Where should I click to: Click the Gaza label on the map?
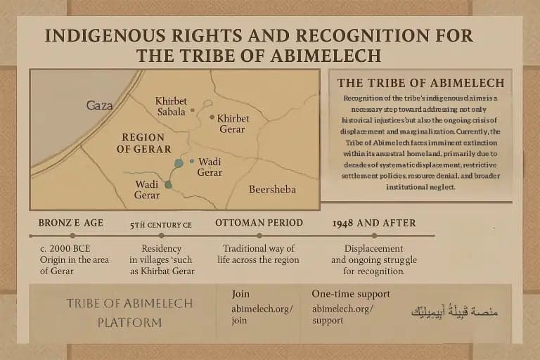(99, 105)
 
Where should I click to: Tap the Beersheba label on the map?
(272, 189)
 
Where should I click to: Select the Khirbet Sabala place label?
(172, 105)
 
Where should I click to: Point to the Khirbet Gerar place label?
(233, 124)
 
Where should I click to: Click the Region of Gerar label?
(143, 143)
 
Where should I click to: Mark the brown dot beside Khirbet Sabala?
(193, 111)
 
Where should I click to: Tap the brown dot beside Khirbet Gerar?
(212, 117)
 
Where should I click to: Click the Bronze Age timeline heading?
(71, 223)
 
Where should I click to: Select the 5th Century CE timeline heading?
(162, 225)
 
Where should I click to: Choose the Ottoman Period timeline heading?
(259, 223)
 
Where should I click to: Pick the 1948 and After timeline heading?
(373, 223)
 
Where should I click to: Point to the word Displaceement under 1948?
(373, 249)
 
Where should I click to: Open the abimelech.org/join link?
(262, 314)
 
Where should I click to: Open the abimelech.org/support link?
(342, 314)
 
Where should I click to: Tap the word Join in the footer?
(240, 294)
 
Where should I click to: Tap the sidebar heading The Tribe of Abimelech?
(420, 83)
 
